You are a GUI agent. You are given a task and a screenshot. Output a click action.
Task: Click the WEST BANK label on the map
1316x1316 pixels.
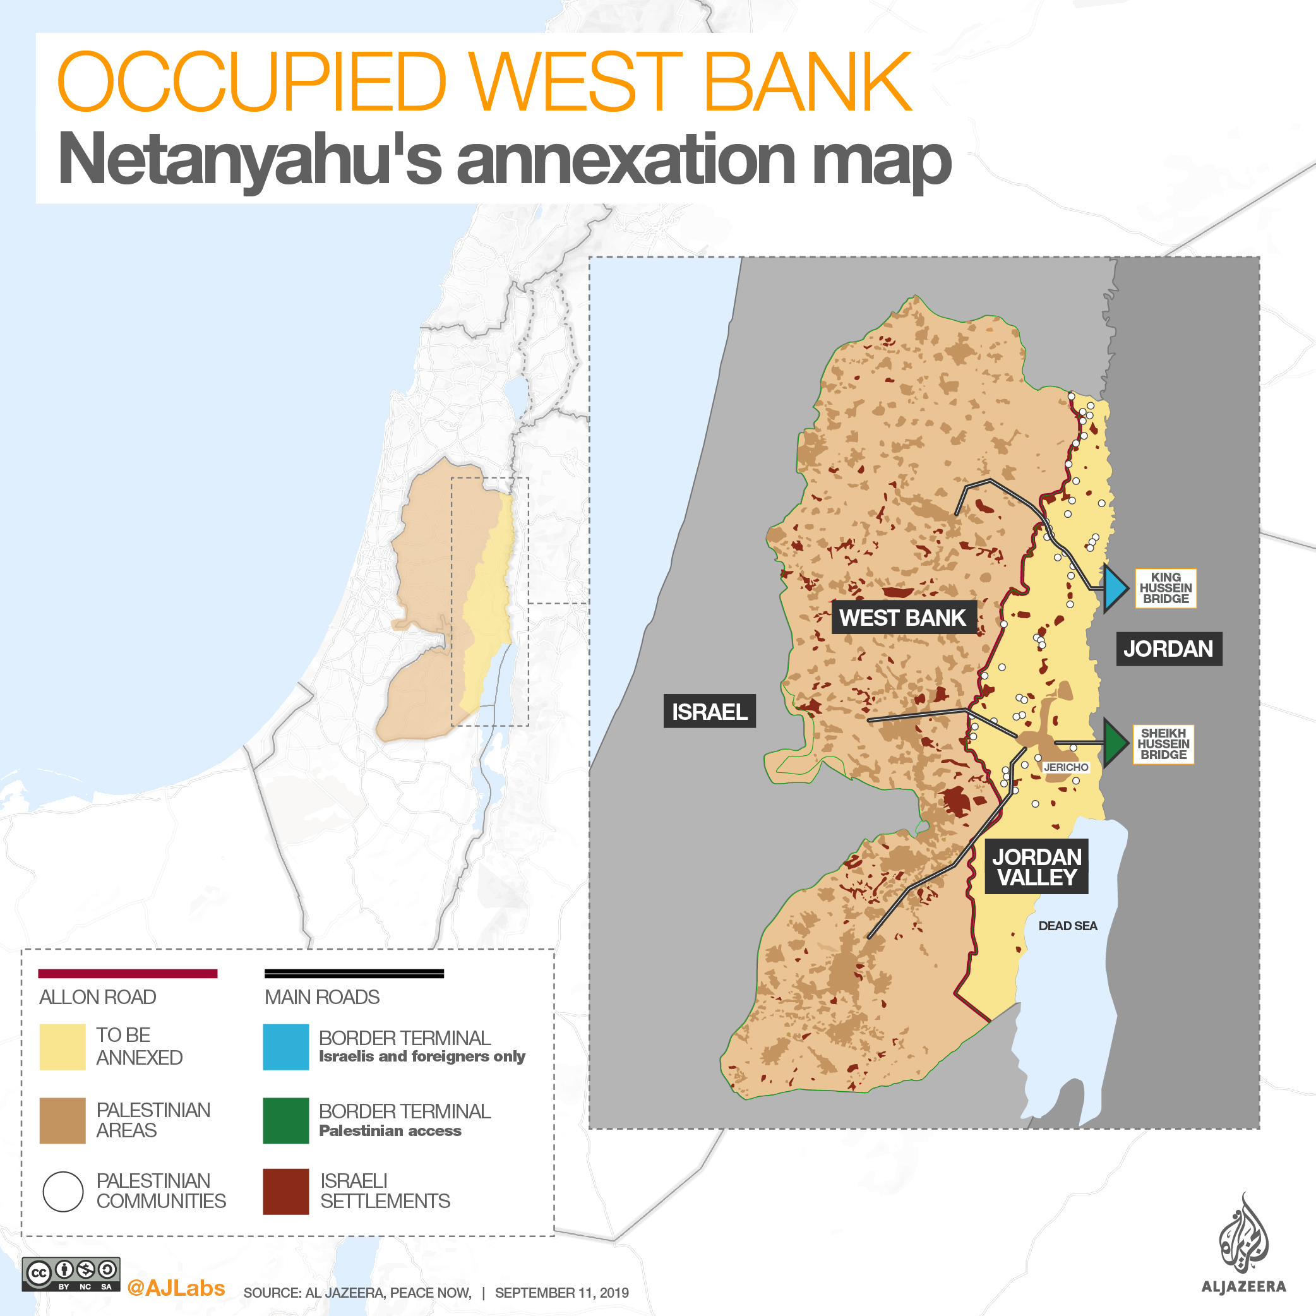[x=903, y=617]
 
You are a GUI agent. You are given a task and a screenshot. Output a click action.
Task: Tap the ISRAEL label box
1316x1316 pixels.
[x=709, y=711]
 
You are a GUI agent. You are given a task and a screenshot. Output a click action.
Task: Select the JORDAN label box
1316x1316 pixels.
[x=1168, y=648]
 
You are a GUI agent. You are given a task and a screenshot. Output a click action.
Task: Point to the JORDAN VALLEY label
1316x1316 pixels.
[x=1036, y=866]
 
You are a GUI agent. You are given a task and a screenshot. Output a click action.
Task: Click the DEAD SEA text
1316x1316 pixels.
[x=1067, y=926]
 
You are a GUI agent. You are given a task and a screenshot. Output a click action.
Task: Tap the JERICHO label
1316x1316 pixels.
[x=1066, y=767]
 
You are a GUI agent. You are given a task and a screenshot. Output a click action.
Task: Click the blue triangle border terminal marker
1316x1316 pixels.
[x=1115, y=587]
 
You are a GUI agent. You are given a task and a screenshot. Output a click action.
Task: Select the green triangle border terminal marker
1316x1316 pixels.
[x=1115, y=743]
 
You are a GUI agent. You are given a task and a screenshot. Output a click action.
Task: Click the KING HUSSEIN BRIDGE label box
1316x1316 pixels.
[x=1166, y=588]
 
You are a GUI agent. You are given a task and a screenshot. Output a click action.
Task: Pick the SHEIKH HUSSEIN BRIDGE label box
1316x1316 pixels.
[x=1163, y=744]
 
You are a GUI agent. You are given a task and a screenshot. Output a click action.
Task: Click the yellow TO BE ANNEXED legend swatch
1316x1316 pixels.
[x=62, y=1047]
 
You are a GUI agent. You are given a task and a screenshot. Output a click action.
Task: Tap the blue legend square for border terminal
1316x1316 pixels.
[x=285, y=1047]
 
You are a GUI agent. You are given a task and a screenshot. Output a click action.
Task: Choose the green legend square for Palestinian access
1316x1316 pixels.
[x=285, y=1120]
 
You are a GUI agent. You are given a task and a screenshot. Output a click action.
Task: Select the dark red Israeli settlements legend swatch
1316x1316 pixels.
[x=285, y=1192]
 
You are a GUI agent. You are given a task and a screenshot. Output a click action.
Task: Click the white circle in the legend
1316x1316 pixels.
[x=63, y=1192]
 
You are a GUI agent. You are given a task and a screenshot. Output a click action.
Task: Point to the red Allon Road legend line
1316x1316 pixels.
[x=128, y=973]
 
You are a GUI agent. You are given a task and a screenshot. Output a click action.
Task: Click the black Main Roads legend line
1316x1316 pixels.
[x=354, y=973]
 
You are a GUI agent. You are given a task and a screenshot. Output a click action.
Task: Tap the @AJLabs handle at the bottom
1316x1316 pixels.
[x=176, y=1288]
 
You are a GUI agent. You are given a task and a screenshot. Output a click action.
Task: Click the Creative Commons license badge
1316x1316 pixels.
[x=71, y=1274]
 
